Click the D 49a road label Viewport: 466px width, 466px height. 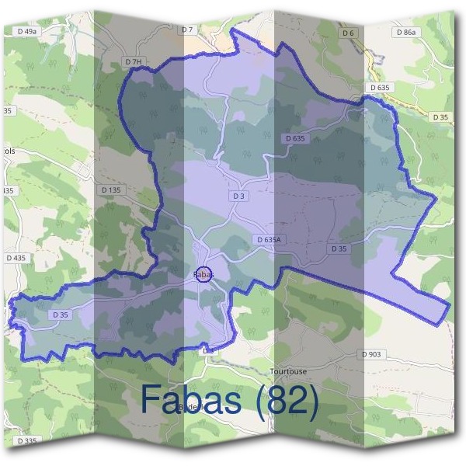[26, 31]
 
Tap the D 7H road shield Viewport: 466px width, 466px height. [134, 61]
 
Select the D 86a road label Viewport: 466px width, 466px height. [405, 33]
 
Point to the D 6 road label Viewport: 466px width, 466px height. [347, 33]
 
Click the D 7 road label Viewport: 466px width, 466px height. [186, 30]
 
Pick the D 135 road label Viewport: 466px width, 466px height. [111, 190]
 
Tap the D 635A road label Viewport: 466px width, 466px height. [268, 240]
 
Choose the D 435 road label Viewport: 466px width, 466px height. [16, 257]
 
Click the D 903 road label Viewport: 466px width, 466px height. [372, 354]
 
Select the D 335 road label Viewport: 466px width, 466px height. [26, 441]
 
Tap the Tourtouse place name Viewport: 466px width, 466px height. [288, 371]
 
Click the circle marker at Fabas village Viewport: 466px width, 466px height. [204, 274]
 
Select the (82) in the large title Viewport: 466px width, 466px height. [287, 400]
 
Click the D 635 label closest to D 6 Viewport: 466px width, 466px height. [380, 88]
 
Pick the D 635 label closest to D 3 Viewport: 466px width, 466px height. [295, 138]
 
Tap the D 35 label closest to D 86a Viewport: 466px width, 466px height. [440, 117]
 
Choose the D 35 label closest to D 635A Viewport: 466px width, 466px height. [339, 249]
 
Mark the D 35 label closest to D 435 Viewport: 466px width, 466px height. [60, 315]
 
